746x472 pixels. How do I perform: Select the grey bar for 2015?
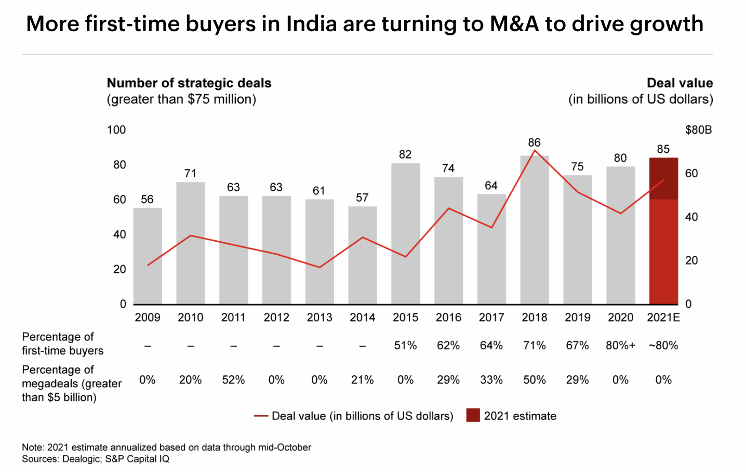tap(405, 233)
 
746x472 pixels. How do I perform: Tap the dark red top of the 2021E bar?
tap(663, 178)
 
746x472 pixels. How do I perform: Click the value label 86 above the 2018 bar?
tap(534, 142)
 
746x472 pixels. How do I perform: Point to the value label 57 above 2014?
tap(362, 198)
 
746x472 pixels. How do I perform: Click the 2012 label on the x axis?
tap(276, 318)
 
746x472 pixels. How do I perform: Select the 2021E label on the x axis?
tap(663, 318)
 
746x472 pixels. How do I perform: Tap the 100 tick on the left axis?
tap(116, 130)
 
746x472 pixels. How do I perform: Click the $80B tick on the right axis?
tap(698, 130)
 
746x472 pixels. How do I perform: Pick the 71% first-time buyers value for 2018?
tap(534, 346)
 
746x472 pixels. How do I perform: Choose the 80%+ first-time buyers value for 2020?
tap(620, 346)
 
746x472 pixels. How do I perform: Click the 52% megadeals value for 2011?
tap(233, 380)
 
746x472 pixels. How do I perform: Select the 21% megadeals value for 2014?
tap(362, 380)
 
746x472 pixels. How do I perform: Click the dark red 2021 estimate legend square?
tap(473, 415)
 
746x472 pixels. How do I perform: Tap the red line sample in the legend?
tap(261, 416)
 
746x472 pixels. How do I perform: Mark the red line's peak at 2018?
tap(535, 150)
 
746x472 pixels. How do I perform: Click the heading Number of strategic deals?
tap(189, 83)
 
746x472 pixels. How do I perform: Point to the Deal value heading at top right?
tap(680, 83)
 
